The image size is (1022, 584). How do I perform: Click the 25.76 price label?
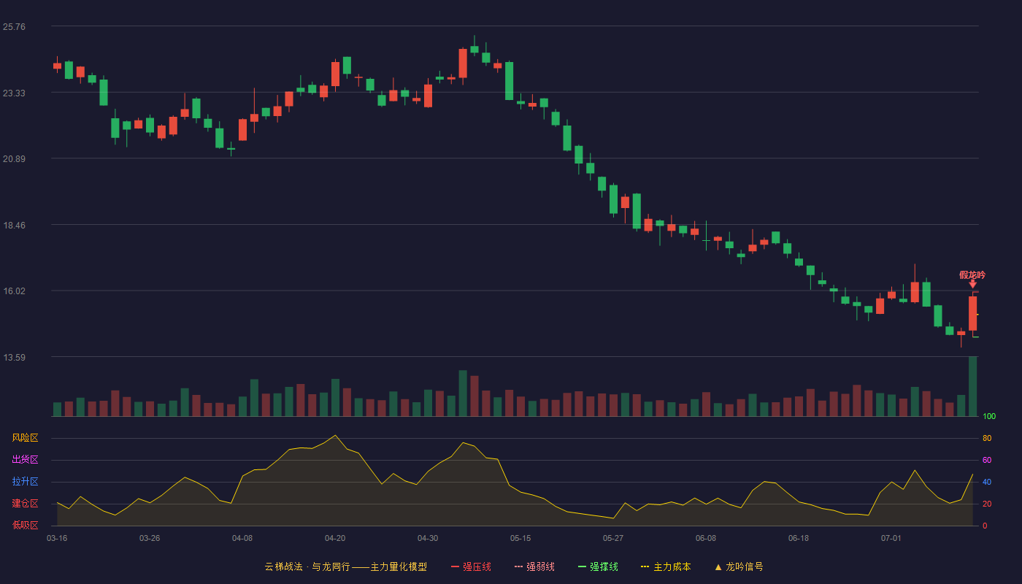click(14, 27)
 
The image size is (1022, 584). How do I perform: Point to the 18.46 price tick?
click(14, 226)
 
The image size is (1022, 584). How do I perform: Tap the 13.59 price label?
click(14, 357)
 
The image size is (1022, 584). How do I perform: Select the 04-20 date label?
click(335, 539)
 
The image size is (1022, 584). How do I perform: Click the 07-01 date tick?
click(891, 539)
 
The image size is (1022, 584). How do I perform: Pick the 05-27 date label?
click(612, 539)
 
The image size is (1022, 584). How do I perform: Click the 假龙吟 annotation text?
click(972, 274)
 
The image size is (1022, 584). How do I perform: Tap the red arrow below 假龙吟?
click(972, 284)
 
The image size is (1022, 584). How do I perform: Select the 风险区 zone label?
click(25, 438)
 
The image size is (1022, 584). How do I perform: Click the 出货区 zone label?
click(25, 459)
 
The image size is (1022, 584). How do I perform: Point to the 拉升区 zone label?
click(25, 481)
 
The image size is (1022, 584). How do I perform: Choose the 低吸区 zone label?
click(25, 525)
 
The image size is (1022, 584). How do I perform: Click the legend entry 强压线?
click(471, 566)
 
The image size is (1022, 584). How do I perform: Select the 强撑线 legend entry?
click(598, 566)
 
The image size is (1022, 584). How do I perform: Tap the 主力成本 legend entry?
click(666, 566)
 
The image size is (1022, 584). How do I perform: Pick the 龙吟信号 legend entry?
click(739, 566)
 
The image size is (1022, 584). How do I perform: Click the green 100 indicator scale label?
click(989, 416)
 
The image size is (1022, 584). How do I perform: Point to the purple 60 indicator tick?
click(987, 460)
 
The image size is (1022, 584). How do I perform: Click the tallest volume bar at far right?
click(972, 386)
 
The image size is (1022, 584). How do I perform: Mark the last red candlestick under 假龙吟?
click(972, 313)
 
